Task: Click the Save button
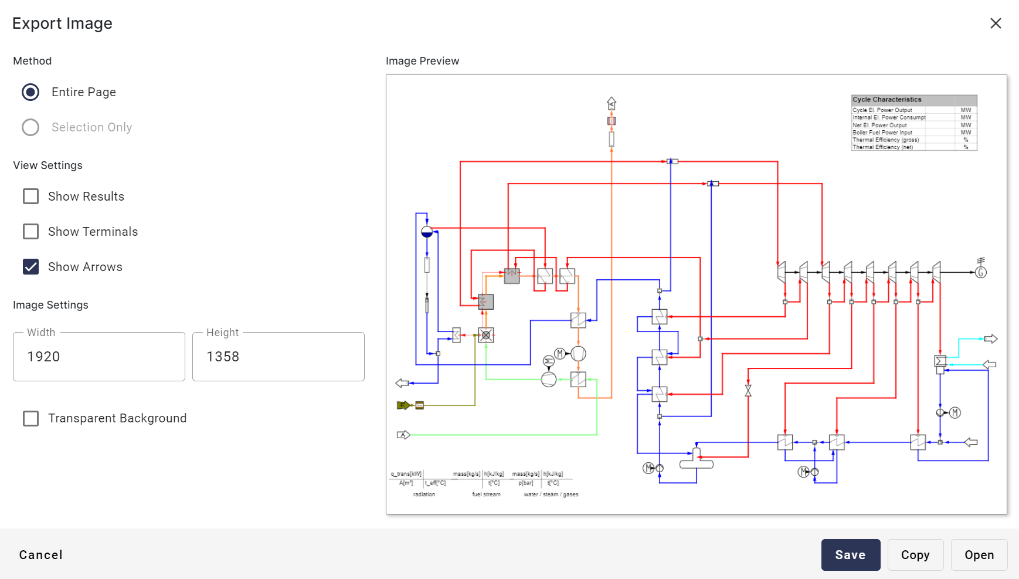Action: click(x=850, y=555)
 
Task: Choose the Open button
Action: click(x=979, y=555)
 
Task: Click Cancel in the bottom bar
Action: click(x=41, y=555)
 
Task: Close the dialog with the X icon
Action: click(x=996, y=23)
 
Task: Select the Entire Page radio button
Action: click(x=30, y=92)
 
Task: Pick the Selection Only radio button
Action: click(x=30, y=127)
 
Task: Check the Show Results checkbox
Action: click(x=30, y=197)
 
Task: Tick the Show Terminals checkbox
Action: click(x=30, y=232)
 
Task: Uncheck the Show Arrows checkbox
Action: click(x=30, y=267)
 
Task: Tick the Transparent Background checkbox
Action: click(x=30, y=418)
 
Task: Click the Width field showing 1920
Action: click(x=98, y=357)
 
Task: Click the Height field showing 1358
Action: click(x=278, y=357)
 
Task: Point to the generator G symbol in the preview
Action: click(x=981, y=272)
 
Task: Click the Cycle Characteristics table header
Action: click(x=887, y=100)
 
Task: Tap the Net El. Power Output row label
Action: click(x=879, y=125)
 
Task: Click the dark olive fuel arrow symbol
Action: click(x=403, y=405)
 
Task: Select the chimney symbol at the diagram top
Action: click(x=612, y=104)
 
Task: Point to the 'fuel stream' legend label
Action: click(x=486, y=495)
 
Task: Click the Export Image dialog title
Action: click(x=62, y=23)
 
